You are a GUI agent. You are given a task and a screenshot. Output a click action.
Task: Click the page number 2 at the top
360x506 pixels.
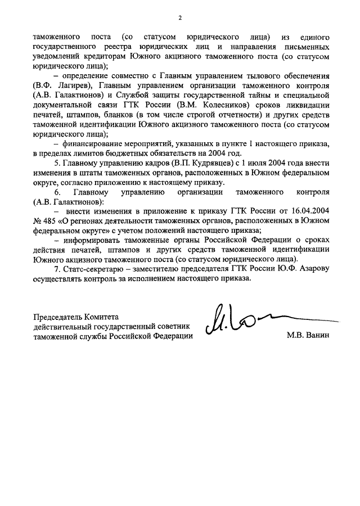(180, 17)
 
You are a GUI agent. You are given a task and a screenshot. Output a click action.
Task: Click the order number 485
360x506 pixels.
(55, 220)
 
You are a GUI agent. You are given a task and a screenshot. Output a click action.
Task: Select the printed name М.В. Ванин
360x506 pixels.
(307, 336)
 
